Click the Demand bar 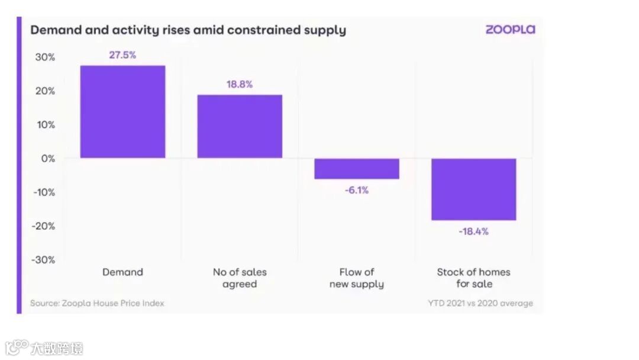pos(122,111)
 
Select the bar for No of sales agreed pos(240,126)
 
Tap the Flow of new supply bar pos(357,169)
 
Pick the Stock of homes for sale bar pos(473,189)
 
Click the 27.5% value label pos(122,55)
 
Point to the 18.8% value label pos(240,84)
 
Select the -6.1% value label pos(357,190)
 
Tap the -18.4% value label pos(473,232)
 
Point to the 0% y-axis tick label pos(47,159)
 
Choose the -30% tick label pos(43,260)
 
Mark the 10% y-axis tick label pos(45,125)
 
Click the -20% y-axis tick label pos(43,226)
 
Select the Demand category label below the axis pos(122,272)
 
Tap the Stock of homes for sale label pos(473,278)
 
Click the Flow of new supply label pos(357,278)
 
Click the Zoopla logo pos(510,30)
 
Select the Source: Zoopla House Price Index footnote pos(97,303)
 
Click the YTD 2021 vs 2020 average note pos(480,303)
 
